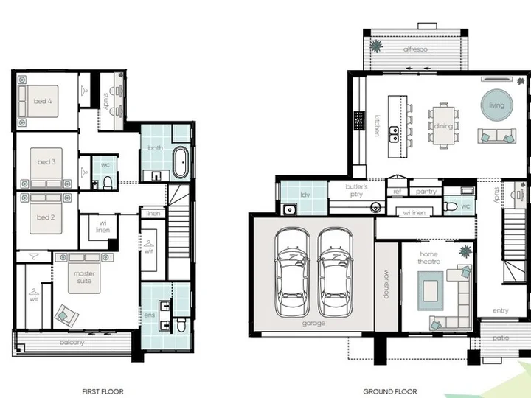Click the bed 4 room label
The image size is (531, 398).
[x=43, y=101]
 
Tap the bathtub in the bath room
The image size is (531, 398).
[x=181, y=162]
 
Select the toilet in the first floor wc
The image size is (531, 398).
[x=108, y=183]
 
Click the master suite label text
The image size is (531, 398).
[x=84, y=277]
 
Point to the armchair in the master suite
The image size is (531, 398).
[x=66, y=315]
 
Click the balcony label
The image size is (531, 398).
[x=72, y=343]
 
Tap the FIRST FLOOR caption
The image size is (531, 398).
[x=103, y=391]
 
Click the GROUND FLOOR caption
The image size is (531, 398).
[x=390, y=391]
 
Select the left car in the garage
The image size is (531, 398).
[x=292, y=272]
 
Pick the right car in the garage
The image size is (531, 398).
[x=335, y=272]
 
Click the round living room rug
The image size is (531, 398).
[x=497, y=105]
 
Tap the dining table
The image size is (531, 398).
[x=443, y=125]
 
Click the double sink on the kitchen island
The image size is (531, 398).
[x=394, y=134]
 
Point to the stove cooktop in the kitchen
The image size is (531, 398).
[x=359, y=121]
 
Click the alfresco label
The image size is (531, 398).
[x=415, y=49]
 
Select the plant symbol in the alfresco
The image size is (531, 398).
[x=376, y=46]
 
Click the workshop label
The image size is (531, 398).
[x=386, y=284]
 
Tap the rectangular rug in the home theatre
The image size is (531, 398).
[x=430, y=290]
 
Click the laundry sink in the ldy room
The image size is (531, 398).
[x=290, y=209]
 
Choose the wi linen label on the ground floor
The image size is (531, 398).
[x=414, y=212]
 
